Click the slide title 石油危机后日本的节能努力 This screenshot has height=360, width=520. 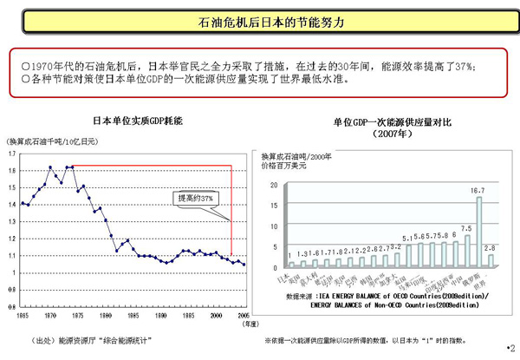point(259,20)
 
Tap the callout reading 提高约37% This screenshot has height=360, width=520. point(195,198)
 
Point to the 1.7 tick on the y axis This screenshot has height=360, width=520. point(11,153)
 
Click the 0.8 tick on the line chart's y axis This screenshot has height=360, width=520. point(11,306)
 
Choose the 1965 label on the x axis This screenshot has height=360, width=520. point(22,317)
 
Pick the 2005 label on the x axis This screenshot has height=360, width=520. point(244,317)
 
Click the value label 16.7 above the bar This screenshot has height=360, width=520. point(478,190)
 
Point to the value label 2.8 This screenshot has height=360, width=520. point(490,248)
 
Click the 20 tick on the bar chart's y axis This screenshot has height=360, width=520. point(275,186)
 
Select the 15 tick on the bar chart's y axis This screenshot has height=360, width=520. point(275,205)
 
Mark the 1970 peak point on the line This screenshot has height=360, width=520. point(50,167)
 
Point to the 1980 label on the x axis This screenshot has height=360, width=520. point(105,317)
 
